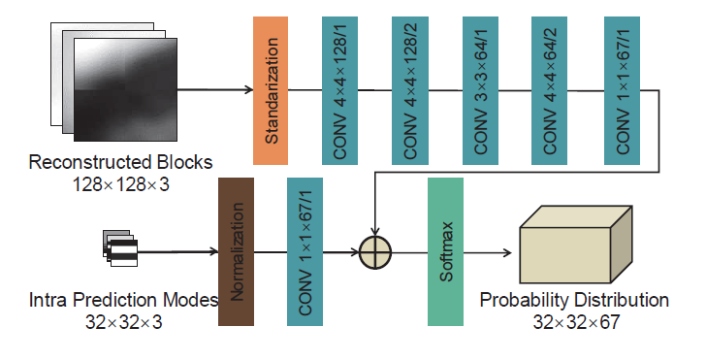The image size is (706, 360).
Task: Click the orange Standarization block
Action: click(x=272, y=90)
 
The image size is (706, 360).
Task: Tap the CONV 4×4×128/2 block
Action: click(x=411, y=90)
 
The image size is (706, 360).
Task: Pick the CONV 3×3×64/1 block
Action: click(x=481, y=90)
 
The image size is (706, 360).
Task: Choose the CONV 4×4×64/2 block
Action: click(x=551, y=90)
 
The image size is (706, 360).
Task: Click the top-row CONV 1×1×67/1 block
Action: click(x=621, y=90)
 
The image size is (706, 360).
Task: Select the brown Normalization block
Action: click(x=238, y=251)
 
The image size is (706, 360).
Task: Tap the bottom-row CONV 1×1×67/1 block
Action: click(x=305, y=251)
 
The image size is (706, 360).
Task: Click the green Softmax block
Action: click(x=445, y=251)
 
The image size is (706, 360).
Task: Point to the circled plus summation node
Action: click(x=374, y=252)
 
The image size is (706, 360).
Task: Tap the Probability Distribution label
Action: click(x=574, y=300)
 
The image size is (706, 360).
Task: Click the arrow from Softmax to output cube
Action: click(x=490, y=252)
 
